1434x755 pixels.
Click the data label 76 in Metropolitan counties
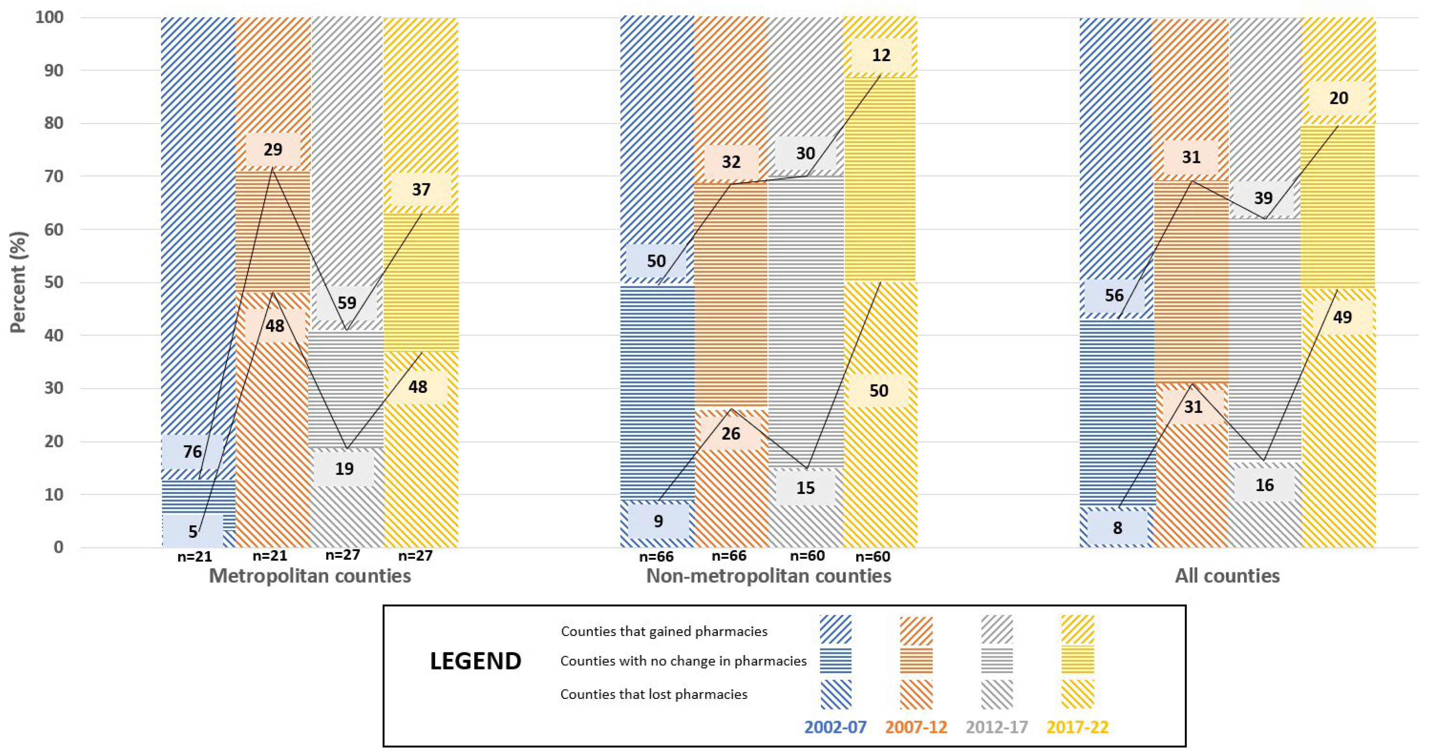coord(193,451)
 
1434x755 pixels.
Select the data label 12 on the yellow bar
coord(880,55)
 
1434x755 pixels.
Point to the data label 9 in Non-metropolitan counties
coord(658,521)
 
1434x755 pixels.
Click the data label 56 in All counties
coord(1114,296)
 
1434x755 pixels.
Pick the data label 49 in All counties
coord(1342,317)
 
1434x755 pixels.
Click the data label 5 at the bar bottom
coord(193,531)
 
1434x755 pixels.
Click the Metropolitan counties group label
coord(310,576)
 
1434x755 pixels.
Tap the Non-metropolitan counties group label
coord(768,576)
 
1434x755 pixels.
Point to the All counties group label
coord(1227,576)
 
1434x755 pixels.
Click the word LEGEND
coord(475,661)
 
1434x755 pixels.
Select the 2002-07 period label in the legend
coord(835,727)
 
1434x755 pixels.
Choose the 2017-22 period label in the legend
coord(1077,727)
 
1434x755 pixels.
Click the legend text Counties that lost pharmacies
coord(654,694)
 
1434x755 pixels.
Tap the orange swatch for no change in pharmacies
coord(916,660)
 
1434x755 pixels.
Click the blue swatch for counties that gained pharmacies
coord(835,630)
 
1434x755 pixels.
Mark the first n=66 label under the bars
coord(656,556)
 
